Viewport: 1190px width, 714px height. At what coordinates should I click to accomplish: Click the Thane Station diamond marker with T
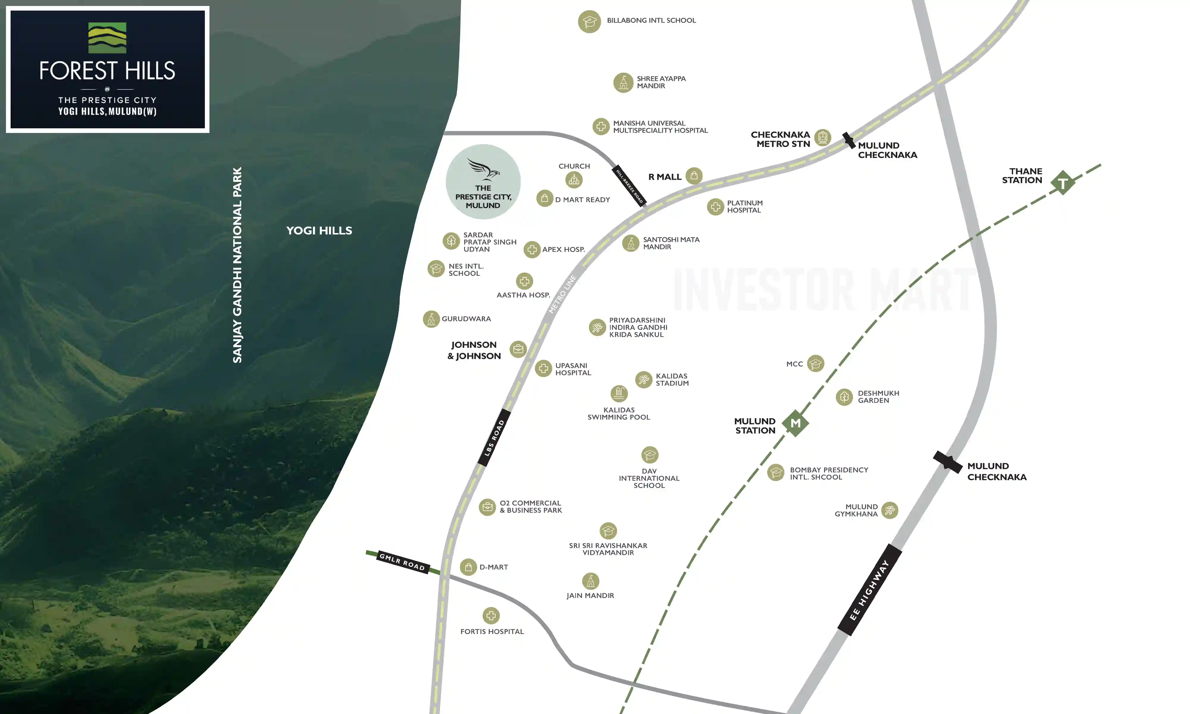[1063, 183]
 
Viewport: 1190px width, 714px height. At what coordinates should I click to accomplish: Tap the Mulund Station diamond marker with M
[795, 423]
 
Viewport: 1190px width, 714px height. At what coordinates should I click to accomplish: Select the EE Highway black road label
[869, 590]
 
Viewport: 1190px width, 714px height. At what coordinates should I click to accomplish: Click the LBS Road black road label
[494, 437]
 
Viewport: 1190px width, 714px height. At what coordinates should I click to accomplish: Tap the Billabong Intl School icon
[589, 22]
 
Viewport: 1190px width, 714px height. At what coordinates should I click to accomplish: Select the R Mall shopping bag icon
[693, 176]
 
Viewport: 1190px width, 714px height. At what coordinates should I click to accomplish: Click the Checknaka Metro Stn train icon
[823, 138]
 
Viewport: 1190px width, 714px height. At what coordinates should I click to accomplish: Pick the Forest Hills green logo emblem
[107, 38]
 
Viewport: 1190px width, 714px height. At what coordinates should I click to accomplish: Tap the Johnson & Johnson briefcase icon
[518, 349]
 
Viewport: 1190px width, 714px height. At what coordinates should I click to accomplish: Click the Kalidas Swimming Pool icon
[619, 394]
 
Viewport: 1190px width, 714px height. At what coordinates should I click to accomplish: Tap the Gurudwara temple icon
[431, 319]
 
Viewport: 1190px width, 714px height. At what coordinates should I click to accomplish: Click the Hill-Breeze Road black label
[630, 186]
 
